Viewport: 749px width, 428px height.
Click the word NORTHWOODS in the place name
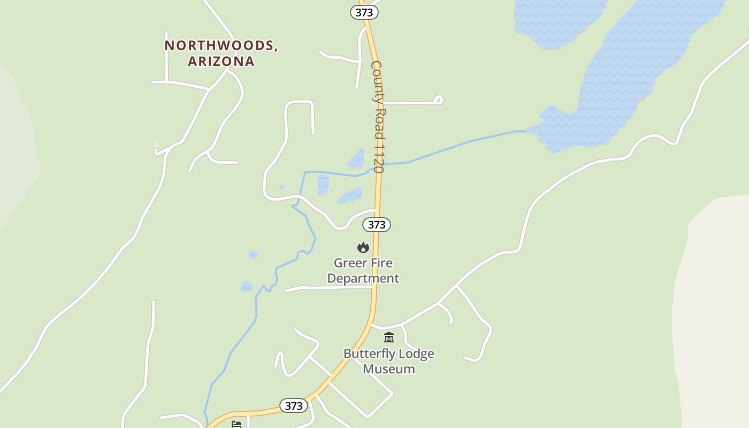(220, 45)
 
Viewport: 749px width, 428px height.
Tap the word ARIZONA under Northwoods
(221, 61)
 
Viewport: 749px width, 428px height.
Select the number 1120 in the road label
(379, 156)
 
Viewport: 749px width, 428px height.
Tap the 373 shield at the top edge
(364, 12)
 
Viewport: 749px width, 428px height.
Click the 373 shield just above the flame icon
(377, 225)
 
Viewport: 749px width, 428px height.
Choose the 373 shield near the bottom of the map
(294, 406)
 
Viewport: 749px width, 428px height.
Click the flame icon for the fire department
(363, 247)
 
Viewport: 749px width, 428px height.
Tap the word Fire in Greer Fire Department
(380, 263)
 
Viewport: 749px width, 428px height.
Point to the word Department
(363, 278)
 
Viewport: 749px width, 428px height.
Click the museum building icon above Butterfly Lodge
(389, 338)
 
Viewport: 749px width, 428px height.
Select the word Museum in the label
(389, 369)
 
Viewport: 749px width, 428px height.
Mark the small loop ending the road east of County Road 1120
(438, 99)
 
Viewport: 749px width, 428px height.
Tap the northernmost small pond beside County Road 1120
(356, 159)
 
